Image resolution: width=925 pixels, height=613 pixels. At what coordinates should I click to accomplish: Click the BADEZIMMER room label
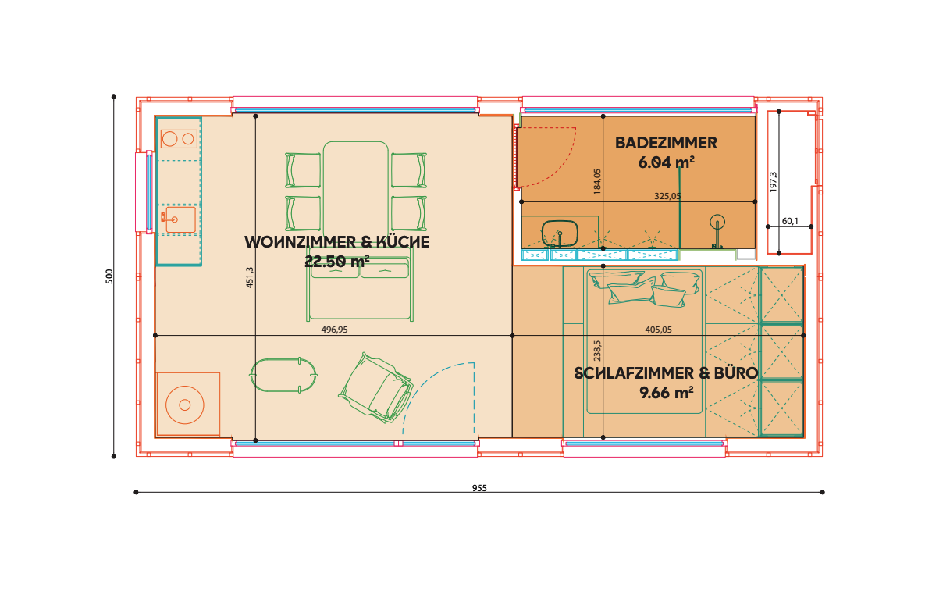pyautogui.click(x=666, y=143)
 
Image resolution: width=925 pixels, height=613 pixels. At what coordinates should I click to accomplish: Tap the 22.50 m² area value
pyautogui.click(x=337, y=261)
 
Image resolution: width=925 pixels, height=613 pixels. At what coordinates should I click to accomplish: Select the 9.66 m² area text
pyautogui.click(x=666, y=392)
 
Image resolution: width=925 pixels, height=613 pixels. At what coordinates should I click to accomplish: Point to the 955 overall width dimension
pyautogui.click(x=479, y=488)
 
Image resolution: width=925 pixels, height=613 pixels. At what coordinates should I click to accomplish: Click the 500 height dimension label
pyautogui.click(x=109, y=276)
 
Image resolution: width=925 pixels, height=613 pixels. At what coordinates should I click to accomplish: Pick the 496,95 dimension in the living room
pyautogui.click(x=335, y=330)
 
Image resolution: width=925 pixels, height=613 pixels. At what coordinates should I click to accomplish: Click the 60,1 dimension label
pyautogui.click(x=790, y=221)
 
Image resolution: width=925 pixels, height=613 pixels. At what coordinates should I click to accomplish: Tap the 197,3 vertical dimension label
pyautogui.click(x=774, y=182)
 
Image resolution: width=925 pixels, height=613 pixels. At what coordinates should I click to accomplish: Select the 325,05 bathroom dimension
pyautogui.click(x=667, y=196)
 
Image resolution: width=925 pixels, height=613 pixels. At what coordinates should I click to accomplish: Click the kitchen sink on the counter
pyautogui.click(x=180, y=219)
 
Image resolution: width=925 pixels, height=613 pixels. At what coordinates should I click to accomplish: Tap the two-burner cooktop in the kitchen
pyautogui.click(x=179, y=139)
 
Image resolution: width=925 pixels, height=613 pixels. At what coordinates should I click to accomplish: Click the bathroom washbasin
pyautogui.click(x=559, y=233)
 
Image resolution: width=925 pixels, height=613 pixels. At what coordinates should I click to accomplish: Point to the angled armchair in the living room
pyautogui.click(x=375, y=387)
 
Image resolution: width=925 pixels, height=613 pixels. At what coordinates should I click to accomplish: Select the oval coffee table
pyautogui.click(x=284, y=376)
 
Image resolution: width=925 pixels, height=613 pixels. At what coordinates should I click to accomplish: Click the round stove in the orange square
pyautogui.click(x=185, y=405)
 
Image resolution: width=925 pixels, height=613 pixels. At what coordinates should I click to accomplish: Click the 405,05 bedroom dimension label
pyautogui.click(x=658, y=330)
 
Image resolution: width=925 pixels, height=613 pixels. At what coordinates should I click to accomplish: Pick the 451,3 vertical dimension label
pyautogui.click(x=250, y=277)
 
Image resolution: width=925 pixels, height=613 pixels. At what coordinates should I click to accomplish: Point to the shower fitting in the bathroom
pyautogui.click(x=717, y=231)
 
